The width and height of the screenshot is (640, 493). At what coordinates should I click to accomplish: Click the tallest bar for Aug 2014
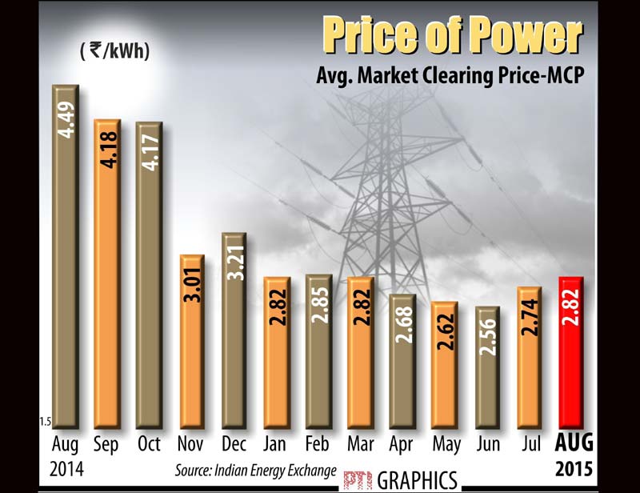point(65,256)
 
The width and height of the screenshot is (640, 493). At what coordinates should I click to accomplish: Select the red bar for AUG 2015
point(575,352)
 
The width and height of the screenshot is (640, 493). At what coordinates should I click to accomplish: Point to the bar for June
point(489,367)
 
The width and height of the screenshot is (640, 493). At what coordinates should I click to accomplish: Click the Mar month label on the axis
point(361,443)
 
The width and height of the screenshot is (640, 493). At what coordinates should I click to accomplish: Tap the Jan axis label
point(275,443)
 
